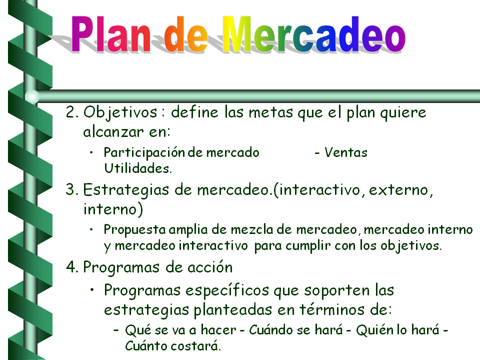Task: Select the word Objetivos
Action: click(x=120, y=112)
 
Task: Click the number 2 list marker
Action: click(x=71, y=112)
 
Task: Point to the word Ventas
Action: click(x=346, y=152)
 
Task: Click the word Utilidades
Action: click(x=138, y=168)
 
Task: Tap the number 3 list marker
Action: click(x=71, y=189)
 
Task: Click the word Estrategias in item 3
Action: click(x=126, y=190)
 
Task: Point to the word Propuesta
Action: click(x=134, y=230)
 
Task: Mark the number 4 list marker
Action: click(x=72, y=267)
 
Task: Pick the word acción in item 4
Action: click(x=210, y=267)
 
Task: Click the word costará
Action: click(x=195, y=346)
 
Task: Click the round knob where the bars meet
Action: click(x=32, y=96)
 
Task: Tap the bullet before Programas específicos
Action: click(x=92, y=289)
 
